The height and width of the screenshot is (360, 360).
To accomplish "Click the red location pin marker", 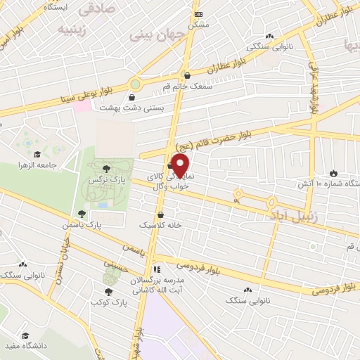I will pyautogui.click(x=181, y=167).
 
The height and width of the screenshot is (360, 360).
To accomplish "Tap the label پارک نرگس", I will pyautogui.click(x=101, y=181).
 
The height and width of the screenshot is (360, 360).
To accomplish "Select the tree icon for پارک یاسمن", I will pyautogui.click(x=82, y=213).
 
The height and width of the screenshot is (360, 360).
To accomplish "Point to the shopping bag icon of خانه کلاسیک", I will pyautogui.click(x=161, y=215).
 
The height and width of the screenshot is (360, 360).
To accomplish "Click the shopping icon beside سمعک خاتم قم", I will pyautogui.click(x=186, y=75).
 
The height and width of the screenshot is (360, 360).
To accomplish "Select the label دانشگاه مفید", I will pyautogui.click(x=26, y=347).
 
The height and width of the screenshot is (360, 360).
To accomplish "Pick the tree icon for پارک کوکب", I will pyautogui.click(x=108, y=291).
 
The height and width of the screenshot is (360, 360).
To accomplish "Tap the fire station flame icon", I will pyautogui.click(x=333, y=172).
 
